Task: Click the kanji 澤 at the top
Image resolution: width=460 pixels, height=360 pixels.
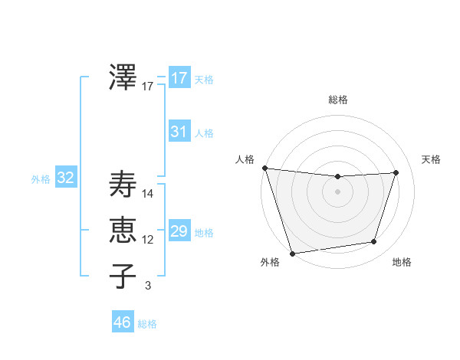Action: [123, 77]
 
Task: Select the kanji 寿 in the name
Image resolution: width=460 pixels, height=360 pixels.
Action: [123, 185]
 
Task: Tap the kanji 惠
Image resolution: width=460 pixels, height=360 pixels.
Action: [123, 230]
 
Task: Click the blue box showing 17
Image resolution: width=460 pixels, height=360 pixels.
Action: [179, 77]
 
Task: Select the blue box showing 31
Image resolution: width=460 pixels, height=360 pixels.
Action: [179, 131]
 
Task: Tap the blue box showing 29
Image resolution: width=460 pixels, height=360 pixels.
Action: [179, 231]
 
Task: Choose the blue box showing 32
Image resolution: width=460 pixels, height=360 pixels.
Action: [66, 178]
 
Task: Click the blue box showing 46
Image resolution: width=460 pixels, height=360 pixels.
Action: [122, 322]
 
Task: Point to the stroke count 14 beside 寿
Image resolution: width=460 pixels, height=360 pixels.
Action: [148, 194]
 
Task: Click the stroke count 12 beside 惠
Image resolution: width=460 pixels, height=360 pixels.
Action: [148, 240]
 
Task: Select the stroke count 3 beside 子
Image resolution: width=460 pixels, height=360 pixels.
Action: [148, 286]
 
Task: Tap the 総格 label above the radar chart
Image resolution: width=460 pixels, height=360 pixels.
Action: [337, 100]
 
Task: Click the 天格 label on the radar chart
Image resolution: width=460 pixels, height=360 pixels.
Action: [431, 159]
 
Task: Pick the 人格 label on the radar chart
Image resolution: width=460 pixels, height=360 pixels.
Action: [245, 159]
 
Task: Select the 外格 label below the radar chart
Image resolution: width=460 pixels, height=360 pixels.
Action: [270, 263]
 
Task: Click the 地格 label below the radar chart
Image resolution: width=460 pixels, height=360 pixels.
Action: [402, 263]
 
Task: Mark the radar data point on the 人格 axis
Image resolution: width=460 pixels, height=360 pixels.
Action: [264, 168]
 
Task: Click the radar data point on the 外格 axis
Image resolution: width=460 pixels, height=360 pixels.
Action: [292, 253]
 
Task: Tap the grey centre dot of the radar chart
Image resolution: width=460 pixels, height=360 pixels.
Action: [337, 191]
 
